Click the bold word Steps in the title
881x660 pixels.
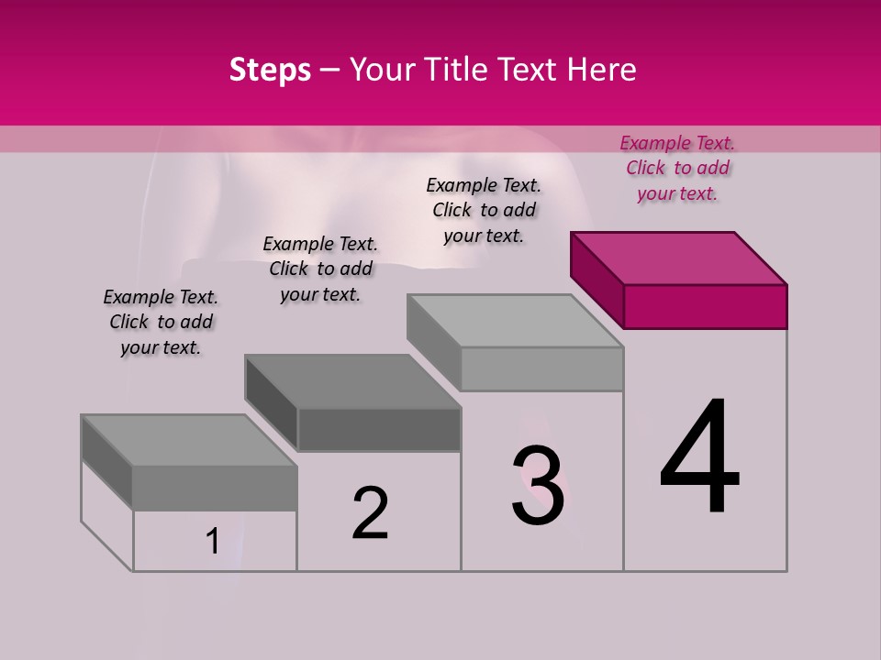coord(270,71)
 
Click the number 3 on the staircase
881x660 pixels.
coord(538,486)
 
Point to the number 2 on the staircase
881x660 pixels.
coord(371,513)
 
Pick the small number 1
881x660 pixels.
coord(212,542)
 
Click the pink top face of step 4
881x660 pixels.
coord(679,258)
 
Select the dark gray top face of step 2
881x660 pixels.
coord(352,381)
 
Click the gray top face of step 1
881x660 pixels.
coord(189,440)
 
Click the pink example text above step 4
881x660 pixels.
coord(677,168)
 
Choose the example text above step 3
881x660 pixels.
coord(484,210)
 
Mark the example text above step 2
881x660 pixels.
coord(320,269)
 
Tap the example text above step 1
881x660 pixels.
coord(161,322)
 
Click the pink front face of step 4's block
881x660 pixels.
coord(705,306)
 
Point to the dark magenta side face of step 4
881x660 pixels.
coord(597,280)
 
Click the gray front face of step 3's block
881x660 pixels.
coord(541,368)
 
